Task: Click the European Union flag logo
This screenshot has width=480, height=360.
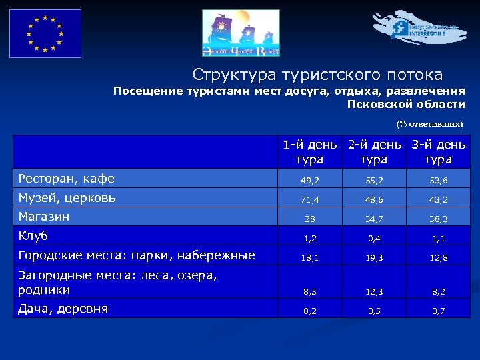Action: [45, 33]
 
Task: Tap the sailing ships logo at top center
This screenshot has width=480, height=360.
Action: [241, 33]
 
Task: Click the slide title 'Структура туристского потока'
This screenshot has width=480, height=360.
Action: [317, 74]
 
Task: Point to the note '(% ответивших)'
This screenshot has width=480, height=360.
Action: [429, 124]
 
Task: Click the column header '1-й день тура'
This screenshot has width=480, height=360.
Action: [310, 152]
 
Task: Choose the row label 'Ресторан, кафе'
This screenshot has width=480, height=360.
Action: [67, 178]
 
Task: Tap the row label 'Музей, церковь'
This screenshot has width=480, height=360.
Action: [67, 197]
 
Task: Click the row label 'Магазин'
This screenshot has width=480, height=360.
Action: [44, 217]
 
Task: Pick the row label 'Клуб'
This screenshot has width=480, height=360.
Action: [33, 236]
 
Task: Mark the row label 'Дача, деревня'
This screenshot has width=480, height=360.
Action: [63, 308]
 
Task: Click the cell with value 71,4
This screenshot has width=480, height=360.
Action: [310, 199]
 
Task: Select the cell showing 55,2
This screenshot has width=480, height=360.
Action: [374, 180]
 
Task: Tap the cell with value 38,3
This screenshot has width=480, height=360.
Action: [439, 219]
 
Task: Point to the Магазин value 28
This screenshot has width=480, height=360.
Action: [310, 219]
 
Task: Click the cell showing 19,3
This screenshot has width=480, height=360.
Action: [374, 257]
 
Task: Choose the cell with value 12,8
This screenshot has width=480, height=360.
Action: [439, 257]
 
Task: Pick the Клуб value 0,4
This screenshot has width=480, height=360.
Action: [374, 238]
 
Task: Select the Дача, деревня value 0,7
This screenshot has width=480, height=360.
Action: [439, 310]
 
